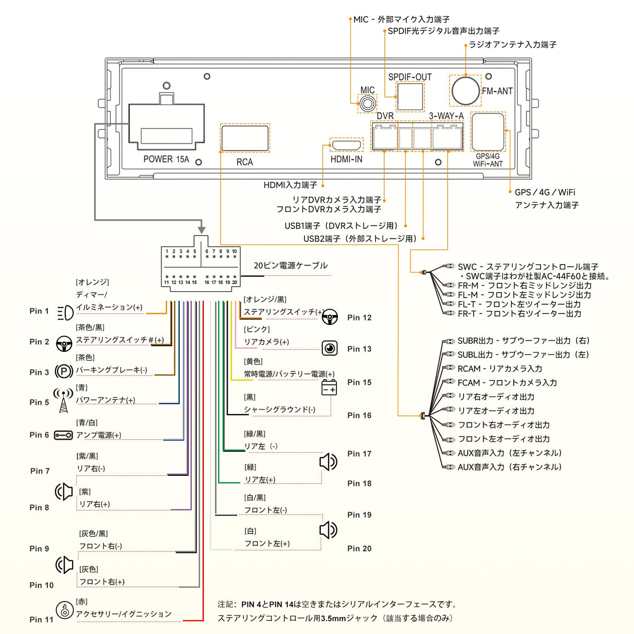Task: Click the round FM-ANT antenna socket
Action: click(465, 90)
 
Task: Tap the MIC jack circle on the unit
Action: click(367, 103)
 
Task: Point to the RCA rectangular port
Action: click(245, 138)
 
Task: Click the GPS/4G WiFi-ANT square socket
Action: click(487, 132)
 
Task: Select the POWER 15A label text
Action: click(166, 159)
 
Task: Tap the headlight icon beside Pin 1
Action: click(65, 313)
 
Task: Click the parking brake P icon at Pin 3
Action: click(64, 371)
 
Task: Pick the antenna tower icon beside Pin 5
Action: click(63, 400)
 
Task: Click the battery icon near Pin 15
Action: click(329, 388)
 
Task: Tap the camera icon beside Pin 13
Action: click(330, 348)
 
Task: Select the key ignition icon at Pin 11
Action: click(64, 609)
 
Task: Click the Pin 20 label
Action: click(359, 548)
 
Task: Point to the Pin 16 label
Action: click(359, 415)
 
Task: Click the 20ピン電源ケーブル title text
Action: click(290, 265)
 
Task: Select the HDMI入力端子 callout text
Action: click(290, 185)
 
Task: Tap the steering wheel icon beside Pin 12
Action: click(330, 316)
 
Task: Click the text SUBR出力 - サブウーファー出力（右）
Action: click(523, 341)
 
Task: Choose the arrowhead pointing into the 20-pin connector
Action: click(201, 230)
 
